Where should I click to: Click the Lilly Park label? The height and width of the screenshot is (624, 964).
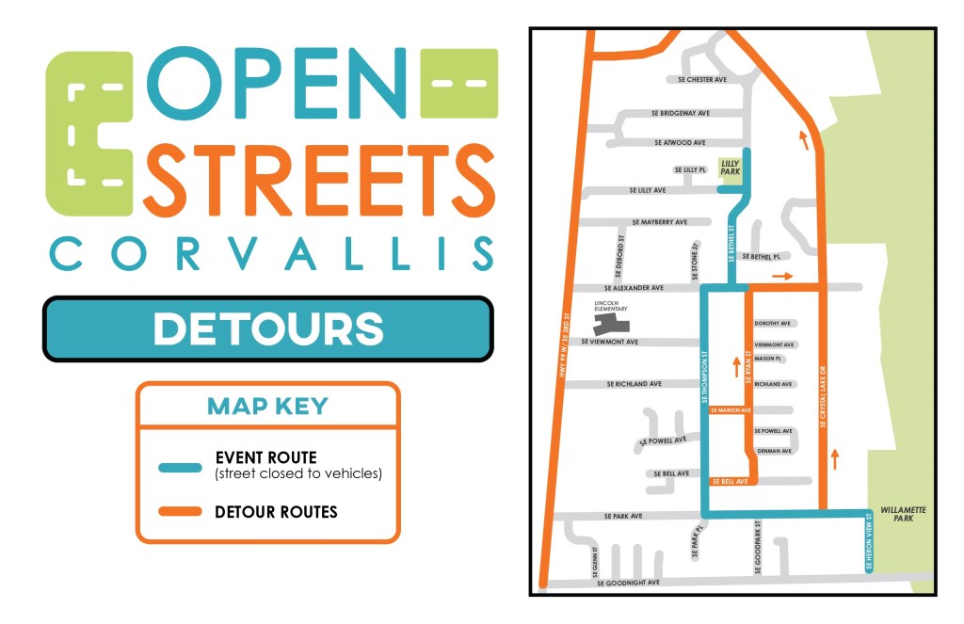pyautogui.click(x=730, y=168)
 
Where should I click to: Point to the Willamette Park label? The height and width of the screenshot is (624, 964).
pyautogui.click(x=903, y=514)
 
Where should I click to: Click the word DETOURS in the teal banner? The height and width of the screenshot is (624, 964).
pyautogui.click(x=268, y=329)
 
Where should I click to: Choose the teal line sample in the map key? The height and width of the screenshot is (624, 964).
pyautogui.click(x=180, y=467)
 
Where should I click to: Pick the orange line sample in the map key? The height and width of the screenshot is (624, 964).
pyautogui.click(x=180, y=512)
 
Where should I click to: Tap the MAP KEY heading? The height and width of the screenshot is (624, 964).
pyautogui.click(x=267, y=407)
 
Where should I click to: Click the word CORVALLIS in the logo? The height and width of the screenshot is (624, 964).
pyautogui.click(x=271, y=254)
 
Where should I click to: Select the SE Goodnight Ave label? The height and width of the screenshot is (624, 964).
pyautogui.click(x=629, y=583)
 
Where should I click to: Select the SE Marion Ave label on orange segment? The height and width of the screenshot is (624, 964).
pyautogui.click(x=731, y=410)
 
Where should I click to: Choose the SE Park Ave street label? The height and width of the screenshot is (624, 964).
pyautogui.click(x=622, y=516)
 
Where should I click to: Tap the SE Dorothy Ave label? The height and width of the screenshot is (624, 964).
pyautogui.click(x=773, y=323)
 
